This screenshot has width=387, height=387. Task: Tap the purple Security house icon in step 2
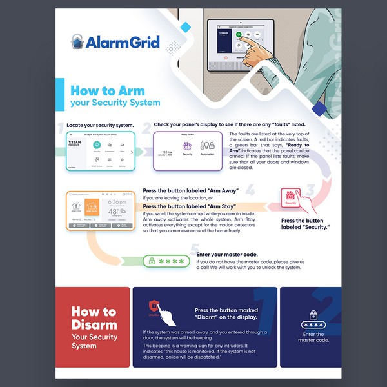187,146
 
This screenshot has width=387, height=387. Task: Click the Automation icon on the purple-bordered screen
207,146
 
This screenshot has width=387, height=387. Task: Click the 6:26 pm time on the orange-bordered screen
117,201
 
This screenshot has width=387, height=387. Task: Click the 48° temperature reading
116,211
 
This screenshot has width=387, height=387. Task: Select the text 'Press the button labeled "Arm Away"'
191,191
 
